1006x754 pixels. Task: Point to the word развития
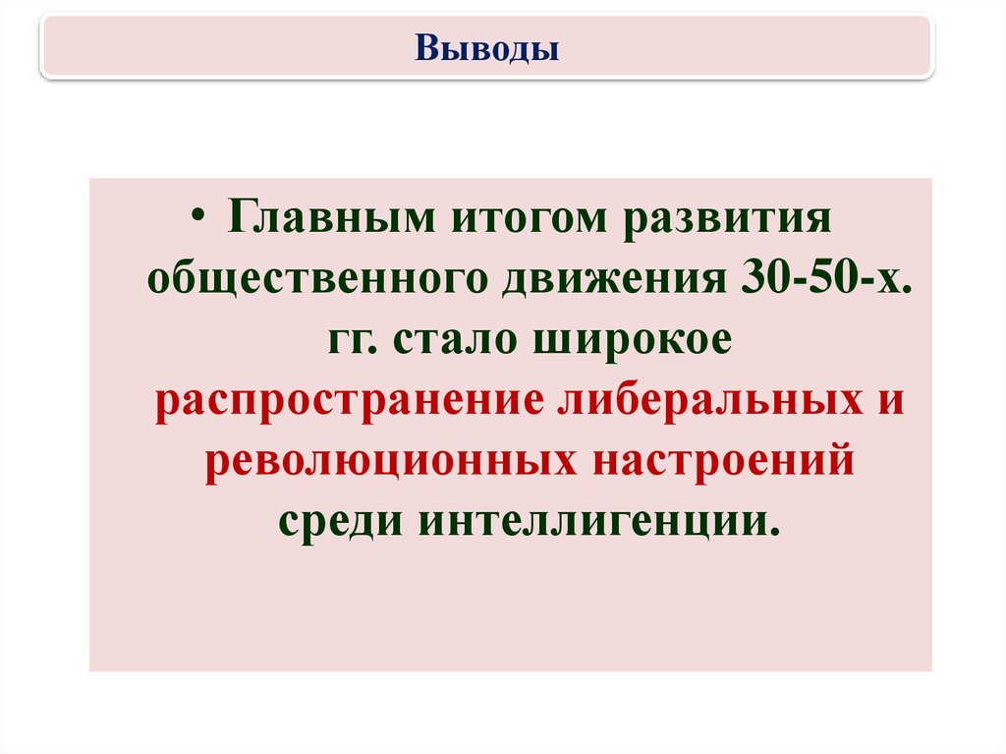click(728, 218)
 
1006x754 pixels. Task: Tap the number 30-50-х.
click(825, 278)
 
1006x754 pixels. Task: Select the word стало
click(455, 338)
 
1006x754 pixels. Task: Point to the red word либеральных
click(710, 400)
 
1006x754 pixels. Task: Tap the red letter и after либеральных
click(890, 401)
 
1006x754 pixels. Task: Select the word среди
click(341, 521)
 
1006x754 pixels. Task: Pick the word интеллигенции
click(599, 521)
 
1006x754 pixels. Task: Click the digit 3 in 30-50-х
click(752, 278)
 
